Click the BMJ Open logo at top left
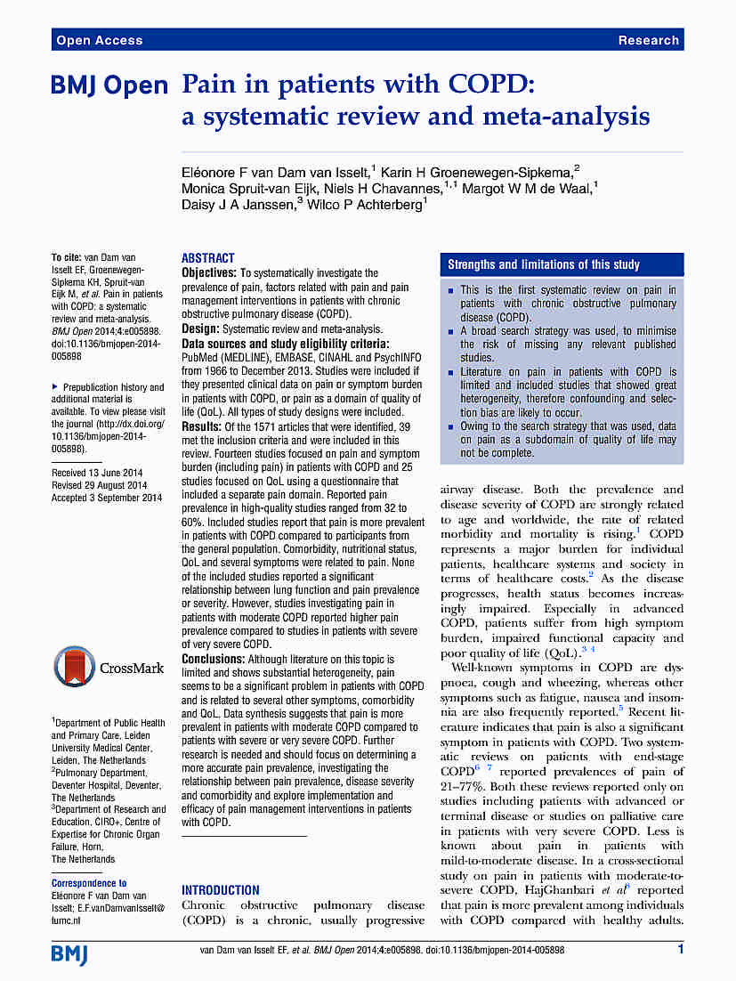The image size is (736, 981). [x=109, y=85]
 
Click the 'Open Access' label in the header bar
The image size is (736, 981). [x=99, y=40]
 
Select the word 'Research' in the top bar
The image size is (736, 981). [x=648, y=40]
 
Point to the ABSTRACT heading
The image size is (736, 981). [x=208, y=257]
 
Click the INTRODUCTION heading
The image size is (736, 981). [x=221, y=889]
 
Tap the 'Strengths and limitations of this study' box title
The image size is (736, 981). [x=543, y=264]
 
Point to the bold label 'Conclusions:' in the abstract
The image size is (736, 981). [x=214, y=659]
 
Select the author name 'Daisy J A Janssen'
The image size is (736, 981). [x=238, y=203]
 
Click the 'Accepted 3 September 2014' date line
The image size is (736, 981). [x=107, y=498]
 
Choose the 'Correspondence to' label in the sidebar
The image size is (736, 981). [x=89, y=883]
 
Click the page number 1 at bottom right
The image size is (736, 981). [x=680, y=950]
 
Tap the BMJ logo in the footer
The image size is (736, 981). [x=69, y=954]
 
